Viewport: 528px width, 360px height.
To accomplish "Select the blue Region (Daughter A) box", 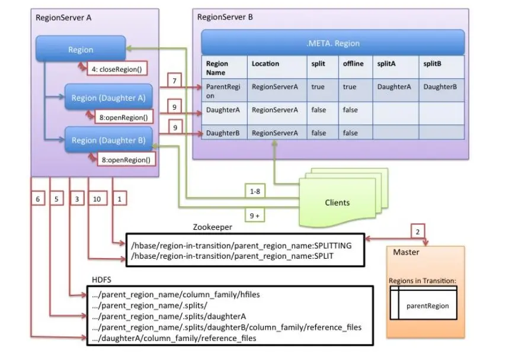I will [x=108, y=98].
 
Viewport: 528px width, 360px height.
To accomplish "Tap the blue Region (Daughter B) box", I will [x=108, y=140].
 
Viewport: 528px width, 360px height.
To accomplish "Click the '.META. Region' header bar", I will [x=332, y=43].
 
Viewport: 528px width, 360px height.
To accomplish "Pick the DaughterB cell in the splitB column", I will [x=440, y=86].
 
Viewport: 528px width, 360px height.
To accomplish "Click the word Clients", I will [x=337, y=202].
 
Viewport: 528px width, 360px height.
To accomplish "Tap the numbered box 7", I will [x=174, y=79].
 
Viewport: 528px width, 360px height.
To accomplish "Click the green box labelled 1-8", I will [x=255, y=191].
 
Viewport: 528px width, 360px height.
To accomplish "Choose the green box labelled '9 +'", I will [x=255, y=216].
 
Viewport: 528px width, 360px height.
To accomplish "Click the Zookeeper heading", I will [x=212, y=227].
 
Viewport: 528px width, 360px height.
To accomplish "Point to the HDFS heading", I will [x=101, y=279].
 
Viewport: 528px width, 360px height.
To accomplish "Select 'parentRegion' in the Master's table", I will [x=427, y=306].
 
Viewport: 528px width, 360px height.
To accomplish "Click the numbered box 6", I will [x=37, y=200].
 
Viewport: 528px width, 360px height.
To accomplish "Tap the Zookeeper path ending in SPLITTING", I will [x=241, y=245].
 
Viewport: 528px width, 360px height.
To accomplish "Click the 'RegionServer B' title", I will [x=225, y=17].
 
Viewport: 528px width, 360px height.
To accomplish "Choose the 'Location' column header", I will [x=265, y=63].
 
